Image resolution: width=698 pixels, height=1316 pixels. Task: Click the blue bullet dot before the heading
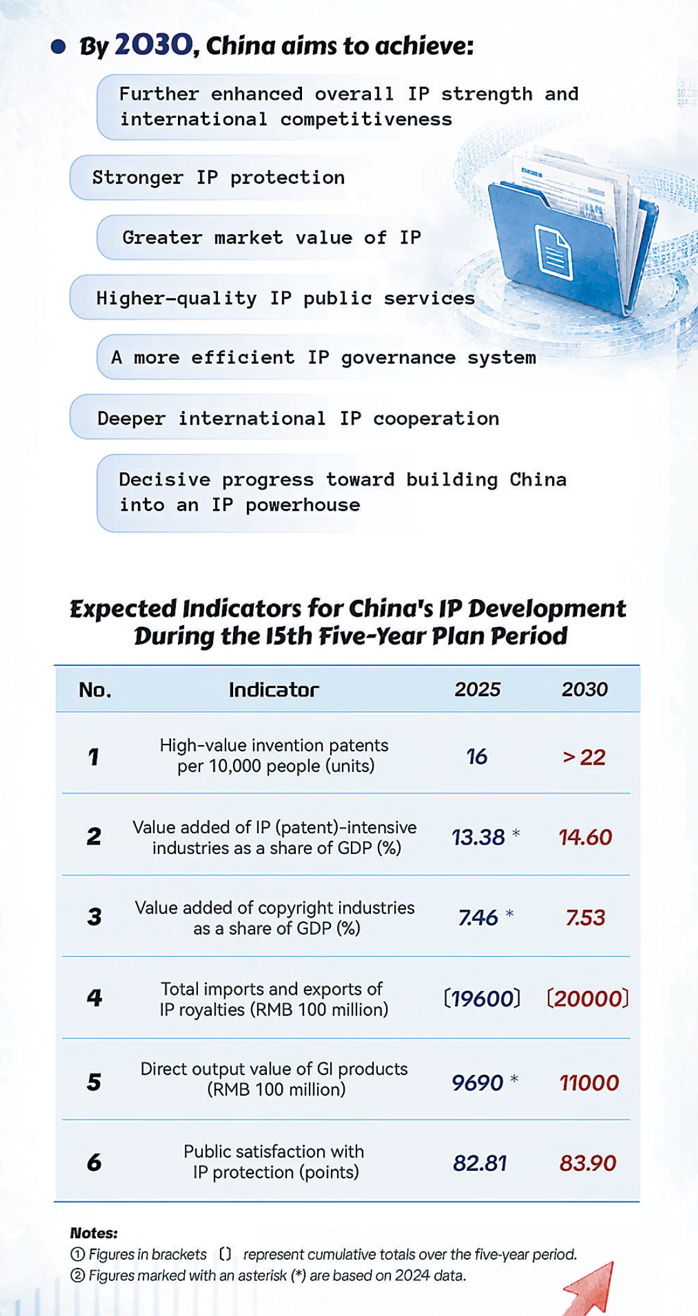[x=58, y=47]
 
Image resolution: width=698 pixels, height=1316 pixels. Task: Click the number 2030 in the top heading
[x=154, y=45]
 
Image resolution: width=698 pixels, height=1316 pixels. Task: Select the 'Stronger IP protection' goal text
[x=218, y=178]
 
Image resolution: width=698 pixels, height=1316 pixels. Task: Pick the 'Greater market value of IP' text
[x=271, y=238]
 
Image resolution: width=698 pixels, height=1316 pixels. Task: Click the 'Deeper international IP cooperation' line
[x=298, y=418]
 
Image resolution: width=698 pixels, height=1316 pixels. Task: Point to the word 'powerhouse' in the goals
[x=303, y=505]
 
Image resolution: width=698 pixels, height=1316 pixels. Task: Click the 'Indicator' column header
[x=274, y=690]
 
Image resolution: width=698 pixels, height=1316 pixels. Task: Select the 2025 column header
[x=477, y=690]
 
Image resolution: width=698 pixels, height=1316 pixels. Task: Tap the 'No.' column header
[x=95, y=690]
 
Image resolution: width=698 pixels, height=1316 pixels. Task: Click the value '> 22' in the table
[x=584, y=758]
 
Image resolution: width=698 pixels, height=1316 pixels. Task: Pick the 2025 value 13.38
[x=478, y=837]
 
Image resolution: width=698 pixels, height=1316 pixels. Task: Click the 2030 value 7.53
[x=585, y=918]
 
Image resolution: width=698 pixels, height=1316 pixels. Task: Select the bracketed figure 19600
[x=482, y=999]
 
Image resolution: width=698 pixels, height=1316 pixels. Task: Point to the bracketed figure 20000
[x=588, y=999]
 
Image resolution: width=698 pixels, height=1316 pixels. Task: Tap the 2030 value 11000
[x=589, y=1083]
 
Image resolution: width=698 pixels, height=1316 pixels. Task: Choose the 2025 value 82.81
[x=480, y=1163]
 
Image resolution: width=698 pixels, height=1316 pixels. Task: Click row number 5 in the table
[x=94, y=1082]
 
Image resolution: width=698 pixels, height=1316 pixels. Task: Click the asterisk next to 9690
[x=514, y=1078]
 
